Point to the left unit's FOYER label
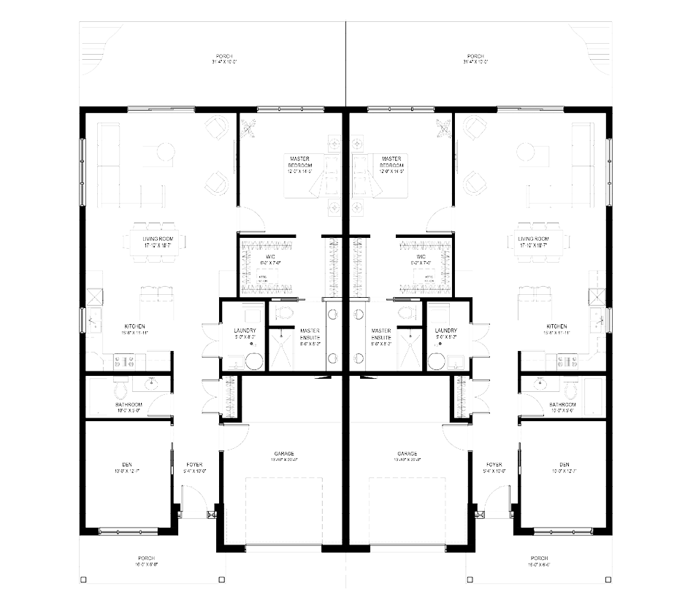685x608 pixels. point(194,464)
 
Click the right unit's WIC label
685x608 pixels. point(421,257)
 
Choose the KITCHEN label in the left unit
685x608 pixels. point(134,326)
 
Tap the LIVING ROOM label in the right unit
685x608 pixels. point(532,239)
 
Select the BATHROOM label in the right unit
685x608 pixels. point(562,404)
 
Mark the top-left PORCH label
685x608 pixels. point(224,56)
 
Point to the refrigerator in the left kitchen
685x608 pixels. point(93,297)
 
